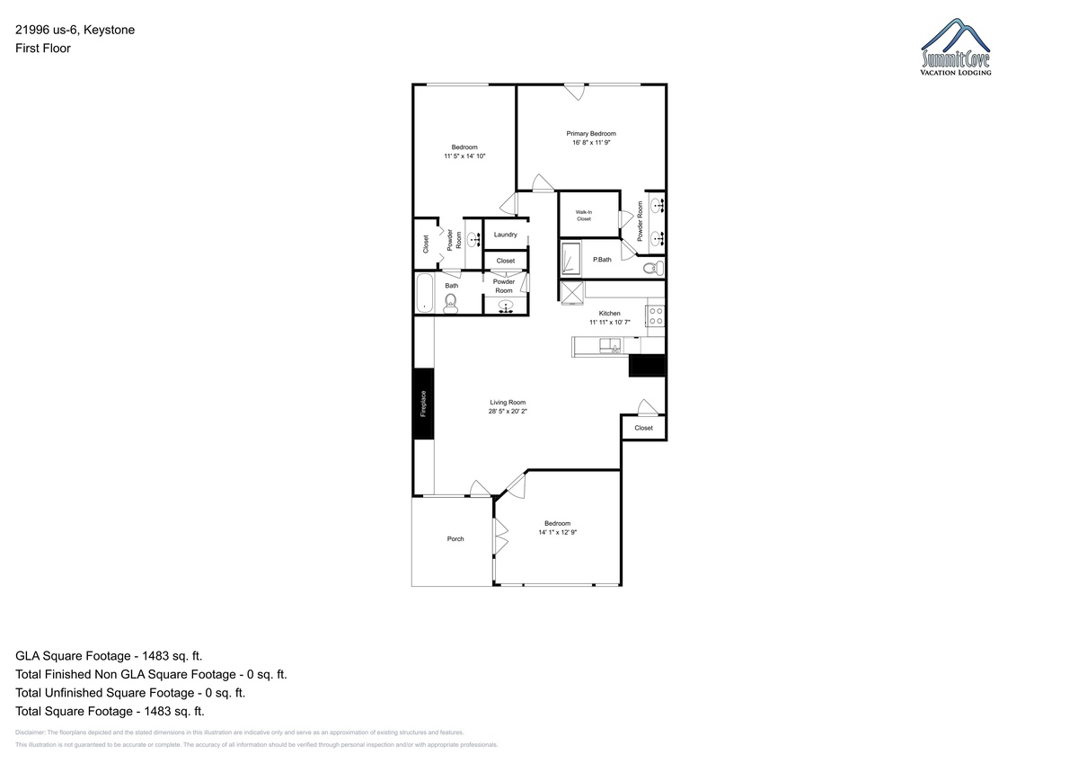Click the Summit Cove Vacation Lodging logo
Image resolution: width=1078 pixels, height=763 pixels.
point(956,47)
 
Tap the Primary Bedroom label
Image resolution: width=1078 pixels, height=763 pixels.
point(591,134)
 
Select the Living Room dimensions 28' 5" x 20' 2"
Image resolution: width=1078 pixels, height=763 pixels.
point(508,412)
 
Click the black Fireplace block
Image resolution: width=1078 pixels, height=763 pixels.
point(423,404)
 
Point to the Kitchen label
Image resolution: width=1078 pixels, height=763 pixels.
point(609,314)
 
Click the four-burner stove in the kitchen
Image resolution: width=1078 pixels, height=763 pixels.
point(656,315)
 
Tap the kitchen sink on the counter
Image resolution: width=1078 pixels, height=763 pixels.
point(610,346)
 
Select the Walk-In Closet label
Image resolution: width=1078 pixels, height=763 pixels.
point(584,216)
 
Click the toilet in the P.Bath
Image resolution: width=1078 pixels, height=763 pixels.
point(654,268)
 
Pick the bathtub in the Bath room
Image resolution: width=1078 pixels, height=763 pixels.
point(424,293)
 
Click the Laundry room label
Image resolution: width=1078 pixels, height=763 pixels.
point(505,235)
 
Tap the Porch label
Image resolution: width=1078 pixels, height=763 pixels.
point(455,539)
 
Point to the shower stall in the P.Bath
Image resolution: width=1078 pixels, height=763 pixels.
point(570,260)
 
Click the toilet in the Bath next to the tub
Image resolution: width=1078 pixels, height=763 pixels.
point(450,304)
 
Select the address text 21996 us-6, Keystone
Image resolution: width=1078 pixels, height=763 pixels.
point(75,30)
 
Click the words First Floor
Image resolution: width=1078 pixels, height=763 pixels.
point(43,49)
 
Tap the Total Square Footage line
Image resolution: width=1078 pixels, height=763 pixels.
point(110,712)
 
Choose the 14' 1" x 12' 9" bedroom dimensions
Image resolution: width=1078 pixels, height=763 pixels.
point(557,532)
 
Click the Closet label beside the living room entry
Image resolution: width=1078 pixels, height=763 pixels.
point(643,428)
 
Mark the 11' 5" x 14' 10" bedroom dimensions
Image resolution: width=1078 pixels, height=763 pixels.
point(464,156)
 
